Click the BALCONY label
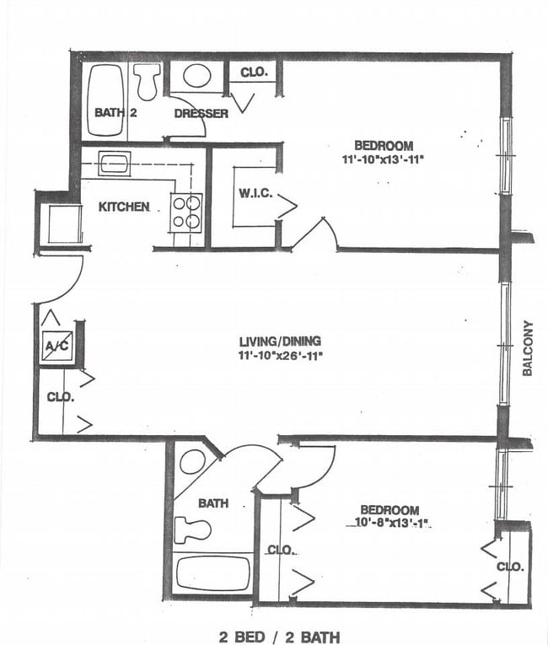528,348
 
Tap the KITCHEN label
125,207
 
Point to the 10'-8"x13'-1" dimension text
387,524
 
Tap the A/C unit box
57,344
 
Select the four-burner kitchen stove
187,212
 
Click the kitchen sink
113,163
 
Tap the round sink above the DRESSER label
197,77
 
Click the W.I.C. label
255,194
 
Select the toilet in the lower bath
191,529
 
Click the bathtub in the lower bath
213,574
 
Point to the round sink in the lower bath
193,462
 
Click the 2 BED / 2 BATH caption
279,636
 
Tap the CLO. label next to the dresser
254,73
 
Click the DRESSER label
201,114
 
